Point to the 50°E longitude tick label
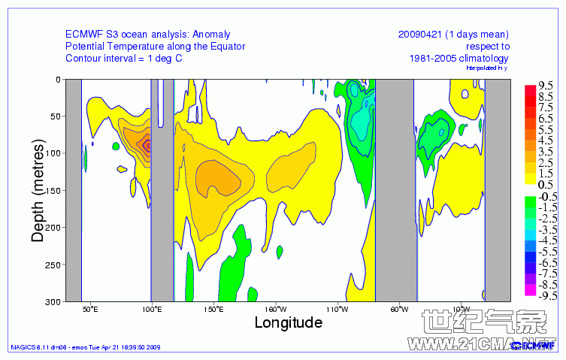coord(90,309)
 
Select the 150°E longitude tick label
coord(213,309)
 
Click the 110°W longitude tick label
coord(336,309)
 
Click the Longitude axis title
coord(288,322)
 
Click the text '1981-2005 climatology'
coord(459,58)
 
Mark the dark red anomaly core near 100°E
coord(148,145)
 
